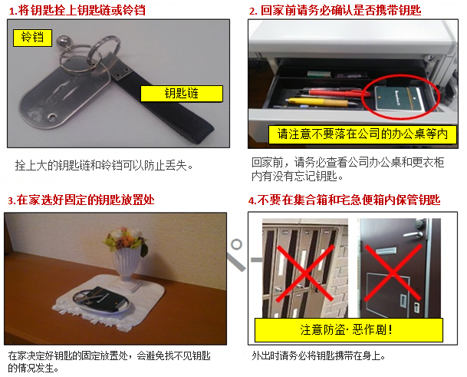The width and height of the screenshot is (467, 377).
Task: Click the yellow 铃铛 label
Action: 32,38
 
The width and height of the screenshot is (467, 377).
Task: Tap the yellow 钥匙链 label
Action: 182,94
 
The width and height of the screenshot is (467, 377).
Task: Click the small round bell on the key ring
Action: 63,41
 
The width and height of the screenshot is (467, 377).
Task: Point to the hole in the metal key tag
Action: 53,117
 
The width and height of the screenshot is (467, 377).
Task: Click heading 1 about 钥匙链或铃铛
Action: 77,11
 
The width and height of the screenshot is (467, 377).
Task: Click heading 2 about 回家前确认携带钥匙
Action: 335,11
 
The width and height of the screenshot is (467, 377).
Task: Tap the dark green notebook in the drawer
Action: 398,98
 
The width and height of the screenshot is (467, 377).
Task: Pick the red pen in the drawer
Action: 334,92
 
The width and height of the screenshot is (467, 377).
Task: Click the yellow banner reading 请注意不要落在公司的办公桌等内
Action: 363,134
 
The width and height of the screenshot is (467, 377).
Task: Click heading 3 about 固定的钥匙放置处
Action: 81,200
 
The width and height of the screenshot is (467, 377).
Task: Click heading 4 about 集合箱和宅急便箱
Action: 344,200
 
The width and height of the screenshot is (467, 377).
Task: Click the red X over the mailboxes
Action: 305,273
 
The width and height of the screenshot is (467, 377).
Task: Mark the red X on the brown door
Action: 393,273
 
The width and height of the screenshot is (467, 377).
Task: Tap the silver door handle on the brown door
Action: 413,235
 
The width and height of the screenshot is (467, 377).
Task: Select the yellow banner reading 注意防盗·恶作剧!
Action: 348,330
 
